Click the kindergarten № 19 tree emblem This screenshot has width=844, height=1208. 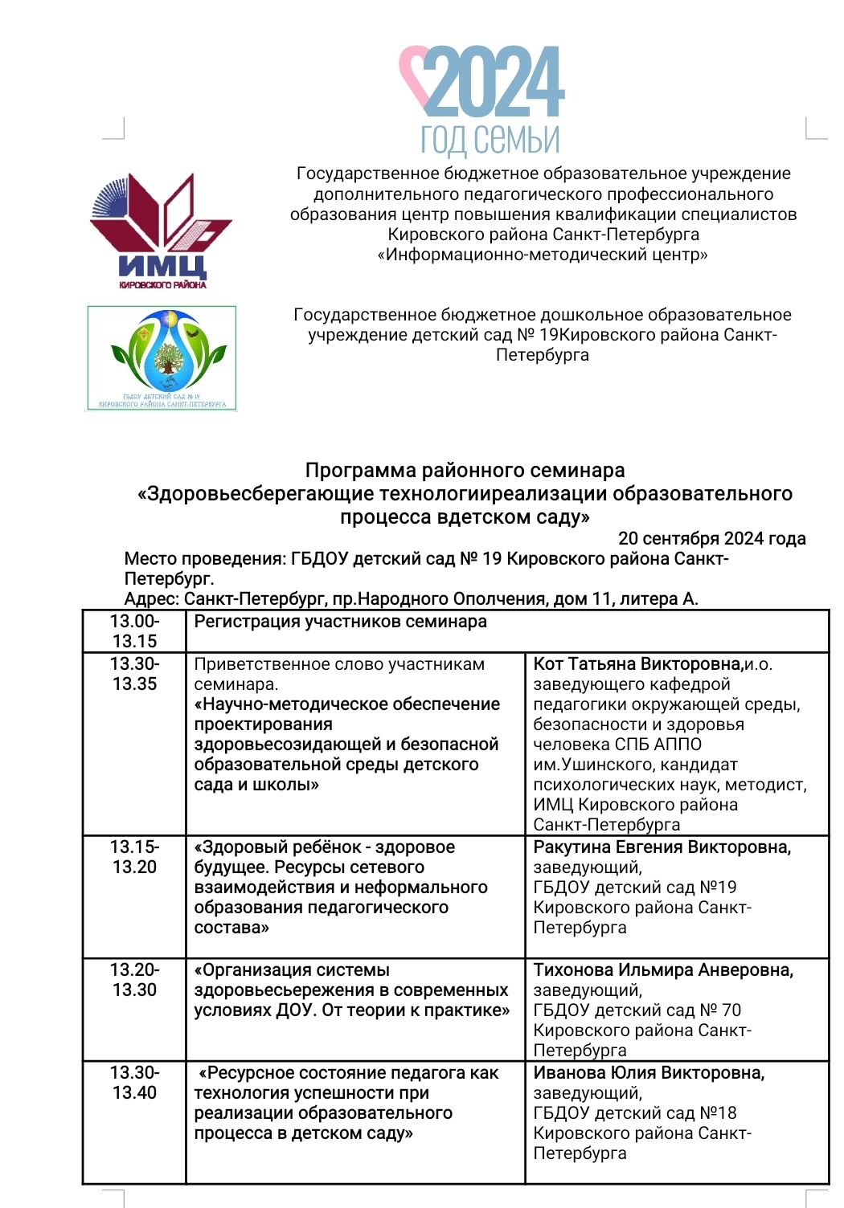click(161, 357)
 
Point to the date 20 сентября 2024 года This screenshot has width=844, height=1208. click(711, 538)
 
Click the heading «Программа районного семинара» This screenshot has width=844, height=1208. click(465, 470)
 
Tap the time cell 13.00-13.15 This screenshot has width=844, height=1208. click(134, 631)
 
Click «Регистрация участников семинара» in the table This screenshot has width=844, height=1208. click(340, 622)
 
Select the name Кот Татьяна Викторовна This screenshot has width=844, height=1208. click(637, 664)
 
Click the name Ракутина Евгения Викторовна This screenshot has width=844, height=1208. click(662, 847)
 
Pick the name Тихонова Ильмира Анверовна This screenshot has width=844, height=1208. click(663, 970)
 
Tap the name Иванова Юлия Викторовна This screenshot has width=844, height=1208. click(649, 1073)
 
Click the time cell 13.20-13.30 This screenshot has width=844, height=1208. click(134, 980)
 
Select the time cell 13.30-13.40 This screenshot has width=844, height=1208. click(134, 1083)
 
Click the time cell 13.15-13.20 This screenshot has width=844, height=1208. click(134, 857)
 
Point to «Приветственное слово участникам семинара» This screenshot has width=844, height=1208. click(338, 674)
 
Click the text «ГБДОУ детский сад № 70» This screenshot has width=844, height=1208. click(637, 1010)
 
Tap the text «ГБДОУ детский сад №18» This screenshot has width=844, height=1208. click(634, 1113)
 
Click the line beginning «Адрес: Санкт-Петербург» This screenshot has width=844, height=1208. click(411, 598)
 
